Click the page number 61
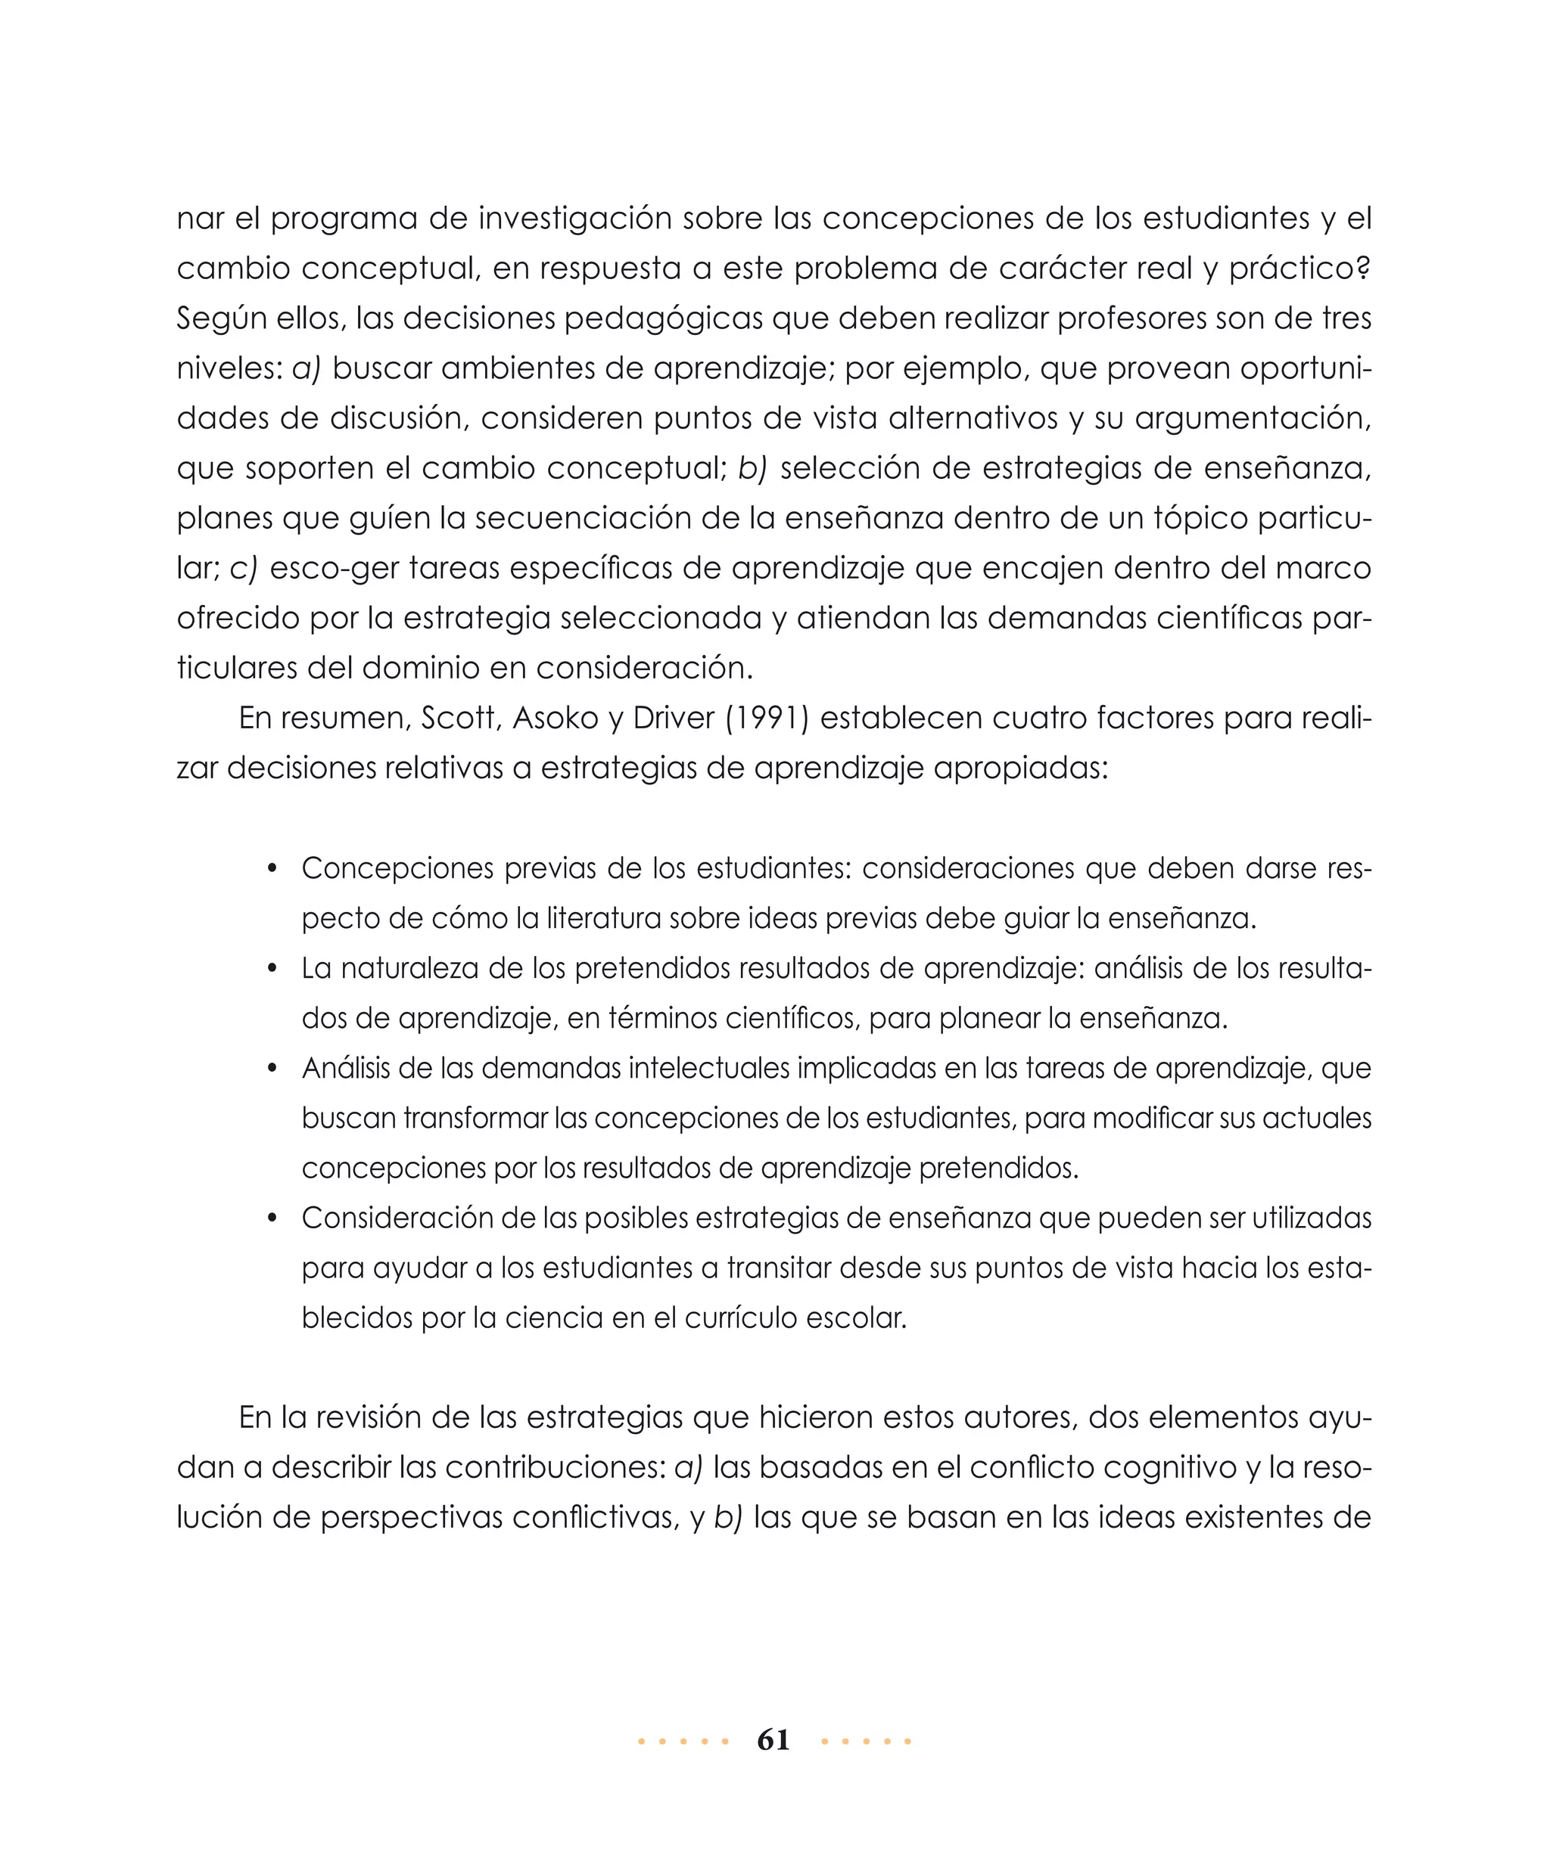pos(773,1740)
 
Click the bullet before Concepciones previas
pos(272,869)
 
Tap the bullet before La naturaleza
pos(272,970)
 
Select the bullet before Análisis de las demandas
pos(272,1069)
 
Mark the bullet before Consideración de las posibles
pos(272,1219)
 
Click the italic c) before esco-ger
pos(243,568)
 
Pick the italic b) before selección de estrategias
pos(752,468)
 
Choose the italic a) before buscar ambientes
pos(307,368)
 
